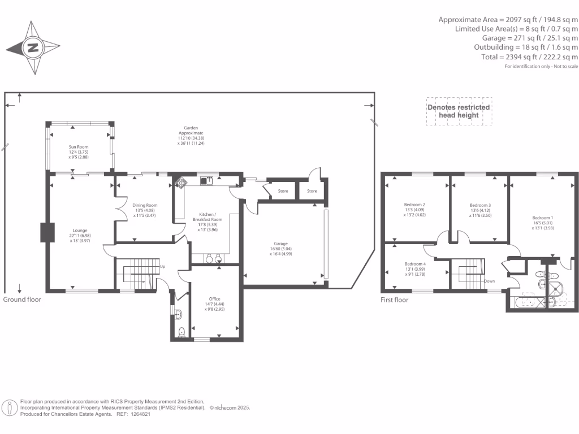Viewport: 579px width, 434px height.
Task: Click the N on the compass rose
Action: tap(32, 48)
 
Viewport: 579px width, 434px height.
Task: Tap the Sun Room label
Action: tap(79, 151)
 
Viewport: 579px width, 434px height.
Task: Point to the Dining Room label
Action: tap(145, 210)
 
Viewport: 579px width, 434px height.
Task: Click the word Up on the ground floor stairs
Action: tap(163, 266)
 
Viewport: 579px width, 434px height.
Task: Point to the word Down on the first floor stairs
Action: tap(490, 280)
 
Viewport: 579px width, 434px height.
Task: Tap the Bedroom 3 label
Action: tap(480, 210)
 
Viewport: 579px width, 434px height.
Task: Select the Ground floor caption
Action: tap(22, 300)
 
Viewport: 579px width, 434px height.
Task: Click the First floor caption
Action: tap(395, 300)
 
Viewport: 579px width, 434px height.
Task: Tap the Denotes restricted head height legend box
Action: tap(459, 111)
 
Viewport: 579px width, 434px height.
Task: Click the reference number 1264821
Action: tap(139, 414)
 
